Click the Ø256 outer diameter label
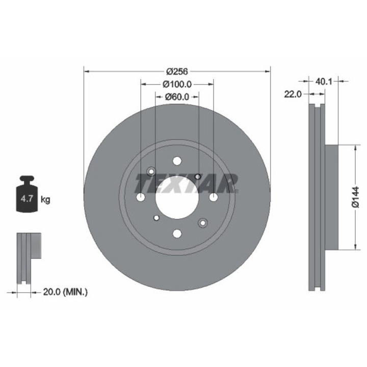click(176, 71)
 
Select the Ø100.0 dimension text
click(176, 84)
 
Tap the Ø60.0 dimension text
click(176, 96)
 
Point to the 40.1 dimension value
click(324, 81)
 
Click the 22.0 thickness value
click(294, 94)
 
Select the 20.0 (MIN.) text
click(65, 292)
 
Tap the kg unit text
click(45, 200)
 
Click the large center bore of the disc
click(176, 197)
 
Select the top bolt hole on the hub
click(177, 161)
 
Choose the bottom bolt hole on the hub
click(177, 233)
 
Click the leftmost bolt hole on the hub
click(141, 197)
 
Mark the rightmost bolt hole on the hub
click(213, 197)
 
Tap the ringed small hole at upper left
click(151, 172)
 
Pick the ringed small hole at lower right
click(203, 223)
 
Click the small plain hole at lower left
click(156, 218)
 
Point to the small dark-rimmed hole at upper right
click(198, 176)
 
